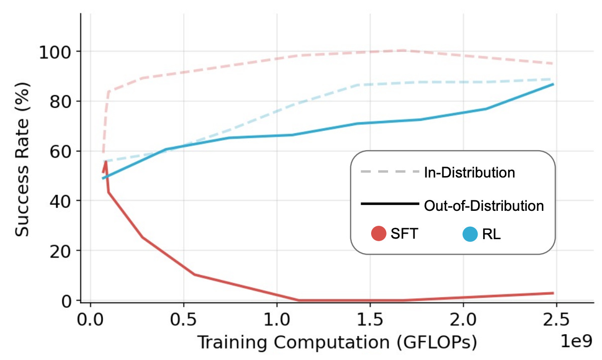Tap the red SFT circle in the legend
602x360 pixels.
(x=379, y=233)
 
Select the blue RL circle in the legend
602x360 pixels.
(x=470, y=233)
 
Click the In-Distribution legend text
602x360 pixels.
(x=469, y=173)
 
